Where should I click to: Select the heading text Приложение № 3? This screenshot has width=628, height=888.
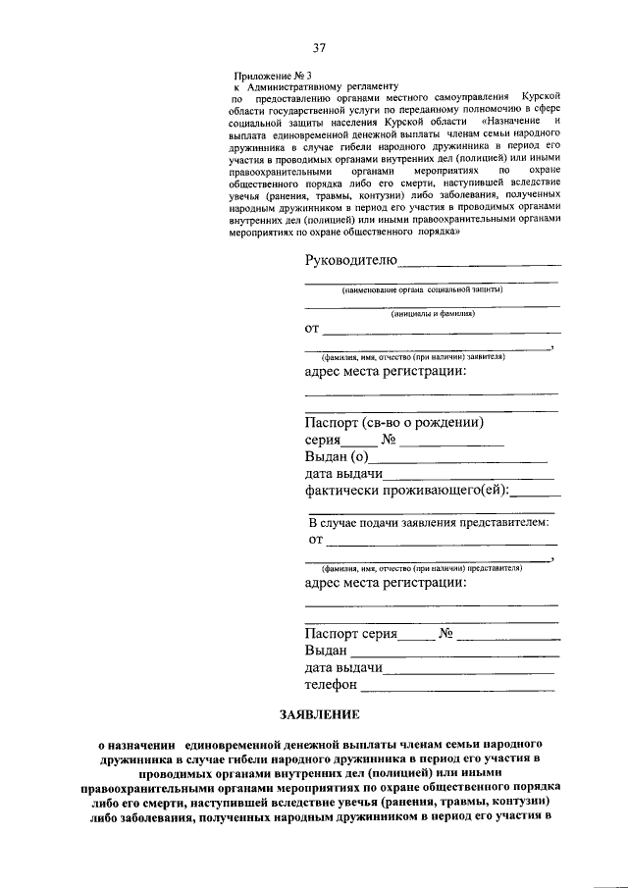266,76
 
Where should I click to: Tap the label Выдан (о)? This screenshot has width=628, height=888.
336,456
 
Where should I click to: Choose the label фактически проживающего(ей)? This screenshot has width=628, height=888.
412,490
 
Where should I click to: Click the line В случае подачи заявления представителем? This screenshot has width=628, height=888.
428,523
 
